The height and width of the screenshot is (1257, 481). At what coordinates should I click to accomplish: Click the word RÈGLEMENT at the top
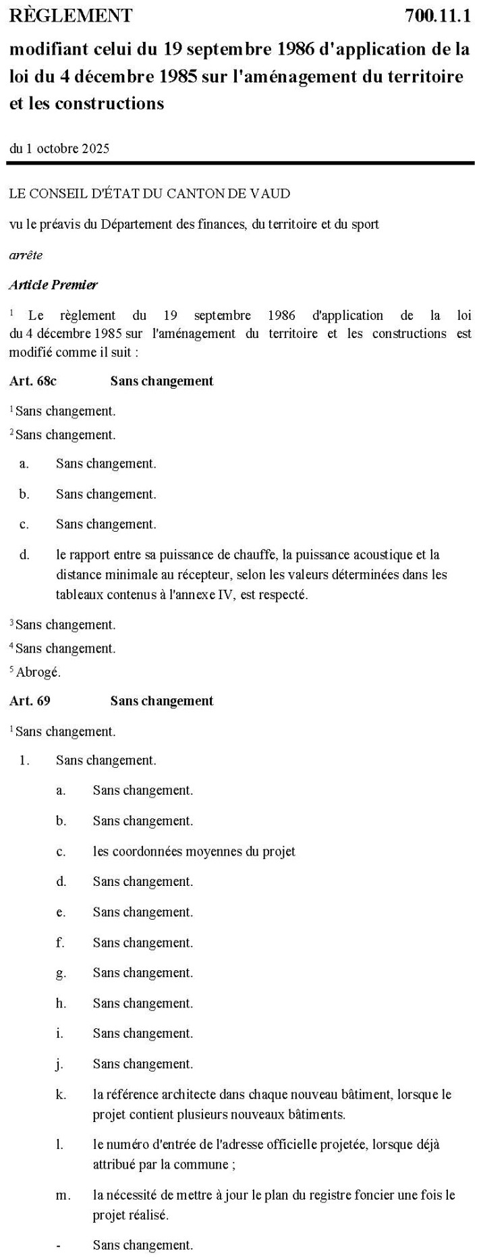pos(71,16)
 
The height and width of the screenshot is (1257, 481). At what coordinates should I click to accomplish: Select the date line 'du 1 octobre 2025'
pos(59,148)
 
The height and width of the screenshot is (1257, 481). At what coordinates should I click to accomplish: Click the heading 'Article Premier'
pos(53,285)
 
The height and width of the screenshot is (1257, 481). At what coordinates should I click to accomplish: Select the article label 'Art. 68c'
pos(33,381)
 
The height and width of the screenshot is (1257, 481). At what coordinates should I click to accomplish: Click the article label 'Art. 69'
pos(30,701)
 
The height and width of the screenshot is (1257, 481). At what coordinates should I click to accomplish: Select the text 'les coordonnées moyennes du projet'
pos(194,851)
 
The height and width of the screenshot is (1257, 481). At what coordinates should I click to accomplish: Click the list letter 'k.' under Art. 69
pos(61,1094)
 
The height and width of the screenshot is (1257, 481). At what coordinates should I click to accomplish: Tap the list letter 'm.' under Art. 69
pos(63,1196)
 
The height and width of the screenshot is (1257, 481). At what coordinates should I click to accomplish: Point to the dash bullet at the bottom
pos(60,1245)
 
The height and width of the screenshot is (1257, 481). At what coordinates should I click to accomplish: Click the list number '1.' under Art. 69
pos(25,760)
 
